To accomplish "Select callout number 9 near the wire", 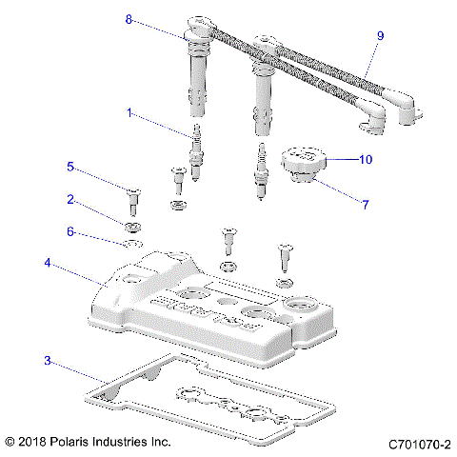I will click(380, 36).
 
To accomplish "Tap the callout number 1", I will click(129, 112).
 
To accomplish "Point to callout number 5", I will click(70, 167).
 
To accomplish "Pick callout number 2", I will click(70, 199).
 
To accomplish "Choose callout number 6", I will click(70, 231).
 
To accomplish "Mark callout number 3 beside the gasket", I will click(47, 361).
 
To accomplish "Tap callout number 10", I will click(365, 160).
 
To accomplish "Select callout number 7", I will click(366, 204).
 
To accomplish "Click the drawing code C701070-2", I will click(418, 443).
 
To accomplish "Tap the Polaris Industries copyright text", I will click(88, 443).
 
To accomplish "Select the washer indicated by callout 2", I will click(130, 227).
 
